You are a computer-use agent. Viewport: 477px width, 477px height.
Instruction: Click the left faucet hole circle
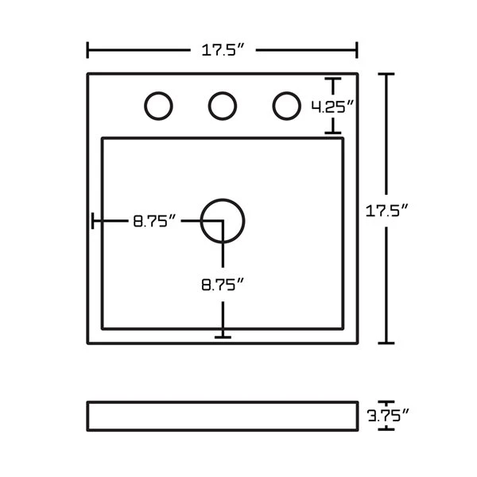pos(159,106)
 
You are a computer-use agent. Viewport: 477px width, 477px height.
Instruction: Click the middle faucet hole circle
pos(223,106)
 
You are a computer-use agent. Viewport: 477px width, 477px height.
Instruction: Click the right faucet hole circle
pos(286,106)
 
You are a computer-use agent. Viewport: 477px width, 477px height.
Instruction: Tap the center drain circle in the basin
pos(223,220)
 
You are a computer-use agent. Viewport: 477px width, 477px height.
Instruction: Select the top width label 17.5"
pos(222,51)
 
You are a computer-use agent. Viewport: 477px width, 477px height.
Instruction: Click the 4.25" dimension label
pos(332,106)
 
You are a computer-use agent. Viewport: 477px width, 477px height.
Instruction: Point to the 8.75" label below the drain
pos(221,285)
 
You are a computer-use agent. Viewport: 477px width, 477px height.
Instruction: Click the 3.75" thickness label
pos(388,414)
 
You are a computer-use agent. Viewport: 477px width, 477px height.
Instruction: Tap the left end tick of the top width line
pos(87,50)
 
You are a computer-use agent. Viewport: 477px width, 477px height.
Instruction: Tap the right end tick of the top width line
pos(357,50)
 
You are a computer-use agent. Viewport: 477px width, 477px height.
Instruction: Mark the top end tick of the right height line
pos(386,74)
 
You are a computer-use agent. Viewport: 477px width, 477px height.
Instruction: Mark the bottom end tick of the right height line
pos(386,343)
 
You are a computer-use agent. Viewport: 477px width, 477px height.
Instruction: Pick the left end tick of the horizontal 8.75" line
pos(93,221)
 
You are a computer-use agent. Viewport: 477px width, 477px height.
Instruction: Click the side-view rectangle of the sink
pos(223,414)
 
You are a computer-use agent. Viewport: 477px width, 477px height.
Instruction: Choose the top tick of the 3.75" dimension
pos(386,401)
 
